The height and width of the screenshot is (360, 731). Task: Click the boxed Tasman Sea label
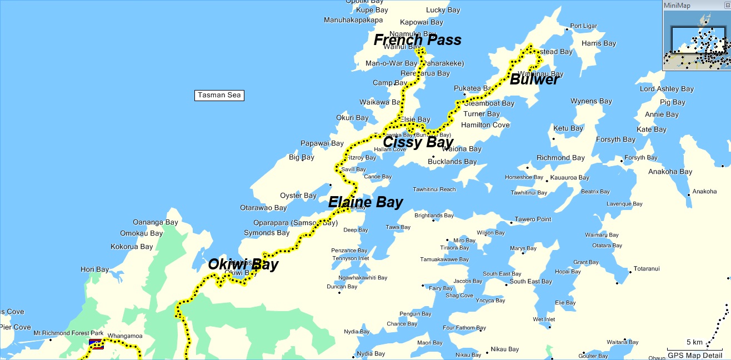click(219, 95)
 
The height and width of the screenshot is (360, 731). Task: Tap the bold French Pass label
click(417, 40)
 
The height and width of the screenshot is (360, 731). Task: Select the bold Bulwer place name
click(534, 80)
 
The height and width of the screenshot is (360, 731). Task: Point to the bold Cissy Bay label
click(418, 142)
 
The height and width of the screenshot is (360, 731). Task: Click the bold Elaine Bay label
click(365, 202)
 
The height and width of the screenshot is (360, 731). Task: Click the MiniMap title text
click(677, 5)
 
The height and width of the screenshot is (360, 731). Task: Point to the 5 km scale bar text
click(694, 342)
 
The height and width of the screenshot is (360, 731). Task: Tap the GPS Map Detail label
click(695, 355)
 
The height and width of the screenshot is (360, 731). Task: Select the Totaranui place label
click(647, 269)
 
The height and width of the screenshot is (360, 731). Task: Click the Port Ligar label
click(583, 26)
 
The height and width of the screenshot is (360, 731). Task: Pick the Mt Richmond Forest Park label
click(68, 333)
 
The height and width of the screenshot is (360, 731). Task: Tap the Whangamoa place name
click(125, 336)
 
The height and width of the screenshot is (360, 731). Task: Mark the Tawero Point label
click(533, 219)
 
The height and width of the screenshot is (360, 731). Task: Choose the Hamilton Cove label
click(485, 125)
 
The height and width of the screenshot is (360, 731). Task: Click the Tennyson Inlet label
click(350, 258)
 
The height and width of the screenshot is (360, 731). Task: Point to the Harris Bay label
click(599, 43)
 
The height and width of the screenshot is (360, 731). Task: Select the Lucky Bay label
click(443, 10)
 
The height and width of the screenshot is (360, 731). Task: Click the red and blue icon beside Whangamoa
click(96, 344)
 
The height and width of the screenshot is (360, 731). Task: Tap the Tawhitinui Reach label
click(434, 189)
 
